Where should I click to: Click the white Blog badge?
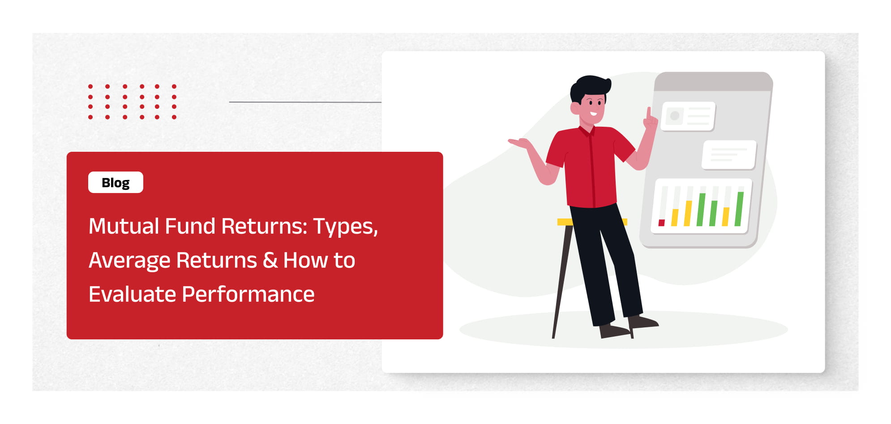(x=116, y=182)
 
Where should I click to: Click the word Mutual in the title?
(x=124, y=226)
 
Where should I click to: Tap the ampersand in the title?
(x=270, y=260)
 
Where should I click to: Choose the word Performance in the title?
(x=248, y=294)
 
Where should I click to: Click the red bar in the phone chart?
(x=661, y=223)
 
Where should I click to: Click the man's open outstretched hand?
(x=520, y=144)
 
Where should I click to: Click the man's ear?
(x=575, y=108)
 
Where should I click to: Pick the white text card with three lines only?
(x=729, y=155)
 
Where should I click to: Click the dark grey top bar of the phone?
(x=713, y=81)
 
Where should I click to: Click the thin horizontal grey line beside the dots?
(x=305, y=102)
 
